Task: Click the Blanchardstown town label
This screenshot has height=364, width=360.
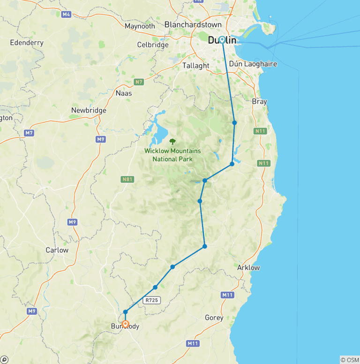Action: tap(193, 24)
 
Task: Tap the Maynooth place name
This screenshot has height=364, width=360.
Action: tap(140, 26)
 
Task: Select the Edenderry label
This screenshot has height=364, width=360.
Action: tap(27, 43)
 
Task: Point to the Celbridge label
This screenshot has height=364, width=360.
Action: tap(152, 45)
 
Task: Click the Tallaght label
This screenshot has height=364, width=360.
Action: tap(196, 66)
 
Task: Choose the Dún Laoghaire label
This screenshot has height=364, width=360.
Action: tap(254, 64)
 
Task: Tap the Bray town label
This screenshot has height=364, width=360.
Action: tap(259, 101)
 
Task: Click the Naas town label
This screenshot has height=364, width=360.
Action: tap(124, 93)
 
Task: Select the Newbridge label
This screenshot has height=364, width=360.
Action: tap(89, 111)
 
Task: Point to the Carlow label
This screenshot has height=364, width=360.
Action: tap(57, 250)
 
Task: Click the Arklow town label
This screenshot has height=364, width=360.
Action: tap(249, 267)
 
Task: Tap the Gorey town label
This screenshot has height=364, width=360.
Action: tap(214, 318)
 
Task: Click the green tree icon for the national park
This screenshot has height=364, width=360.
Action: tap(172, 141)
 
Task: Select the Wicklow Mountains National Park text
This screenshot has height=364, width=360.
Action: tap(172, 155)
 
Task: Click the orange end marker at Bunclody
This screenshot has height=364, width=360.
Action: tap(125, 324)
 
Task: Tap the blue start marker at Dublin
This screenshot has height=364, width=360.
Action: tap(222, 40)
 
